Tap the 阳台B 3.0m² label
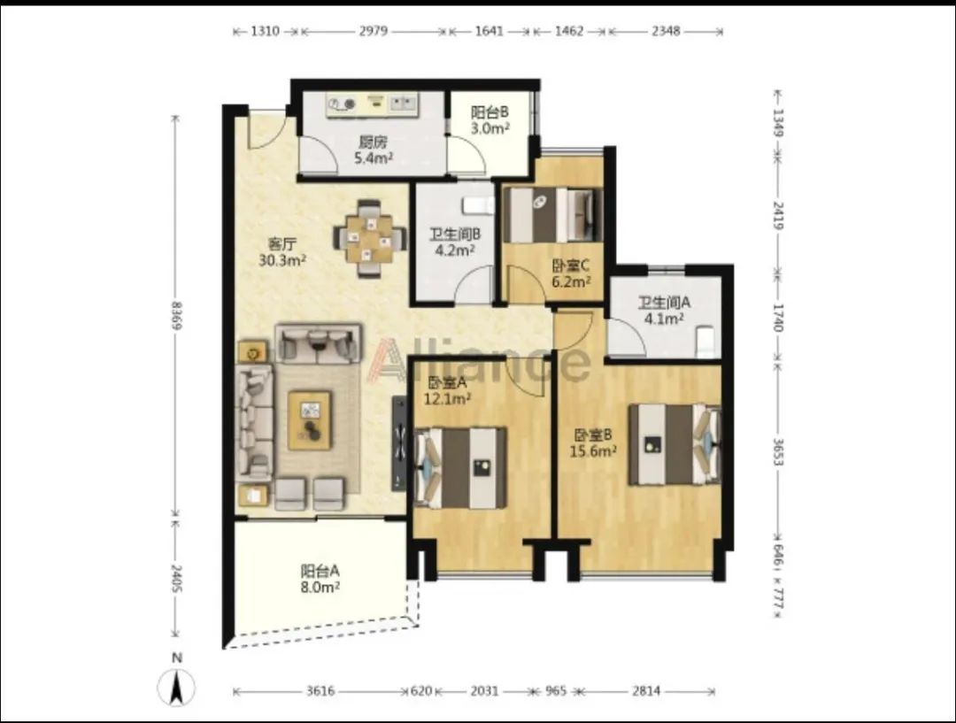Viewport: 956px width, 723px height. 490,120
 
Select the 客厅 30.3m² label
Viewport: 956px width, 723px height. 282,252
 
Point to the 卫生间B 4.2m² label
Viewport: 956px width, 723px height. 456,242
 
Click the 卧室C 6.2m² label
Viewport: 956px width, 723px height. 571,273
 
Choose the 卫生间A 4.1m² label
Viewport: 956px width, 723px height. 664,311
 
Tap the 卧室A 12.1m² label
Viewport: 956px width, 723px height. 447,391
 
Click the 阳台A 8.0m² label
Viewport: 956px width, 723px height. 320,579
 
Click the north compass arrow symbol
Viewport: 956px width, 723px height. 177,687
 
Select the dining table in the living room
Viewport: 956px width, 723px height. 370,238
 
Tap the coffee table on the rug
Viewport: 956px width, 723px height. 310,420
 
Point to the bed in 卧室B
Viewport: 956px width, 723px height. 675,443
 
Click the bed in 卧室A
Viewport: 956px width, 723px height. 461,467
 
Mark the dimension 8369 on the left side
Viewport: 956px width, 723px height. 176,315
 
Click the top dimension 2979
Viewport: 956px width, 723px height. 374,30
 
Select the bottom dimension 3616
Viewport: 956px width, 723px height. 320,690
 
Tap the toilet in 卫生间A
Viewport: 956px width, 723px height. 705,342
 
